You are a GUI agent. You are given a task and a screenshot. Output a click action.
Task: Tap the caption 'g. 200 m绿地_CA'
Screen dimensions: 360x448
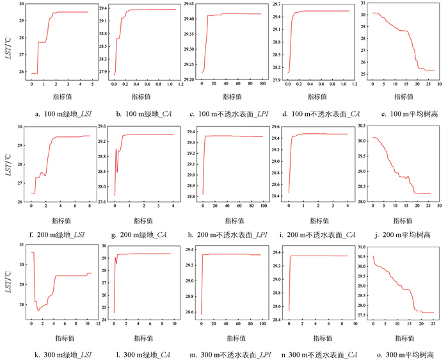pos(142,235)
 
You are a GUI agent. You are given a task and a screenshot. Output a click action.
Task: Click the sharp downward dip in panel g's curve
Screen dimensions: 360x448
pos(117,172)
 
